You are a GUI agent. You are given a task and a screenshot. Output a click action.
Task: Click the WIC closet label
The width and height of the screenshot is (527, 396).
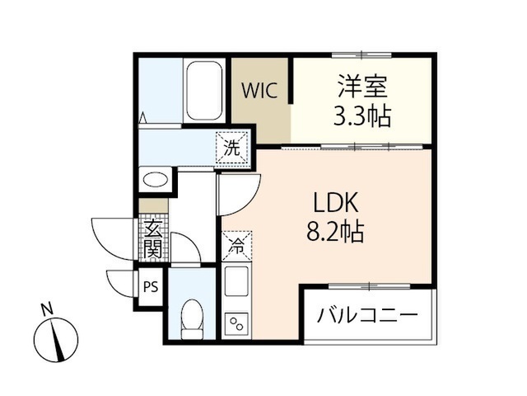(260, 90)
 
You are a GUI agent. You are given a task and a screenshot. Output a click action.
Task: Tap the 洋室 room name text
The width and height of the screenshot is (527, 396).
(362, 87)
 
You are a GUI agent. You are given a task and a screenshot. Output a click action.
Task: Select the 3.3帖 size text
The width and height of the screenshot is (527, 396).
(362, 115)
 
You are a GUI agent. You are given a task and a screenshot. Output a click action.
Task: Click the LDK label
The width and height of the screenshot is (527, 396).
(335, 203)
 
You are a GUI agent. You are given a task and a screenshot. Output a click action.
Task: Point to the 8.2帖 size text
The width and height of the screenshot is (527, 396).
(335, 231)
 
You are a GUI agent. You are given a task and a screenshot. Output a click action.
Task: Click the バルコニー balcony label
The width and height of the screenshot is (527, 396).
(367, 316)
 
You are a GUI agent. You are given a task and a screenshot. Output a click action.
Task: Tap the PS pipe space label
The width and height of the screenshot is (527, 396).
(151, 287)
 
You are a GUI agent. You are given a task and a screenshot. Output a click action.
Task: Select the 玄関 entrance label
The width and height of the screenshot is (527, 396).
(153, 238)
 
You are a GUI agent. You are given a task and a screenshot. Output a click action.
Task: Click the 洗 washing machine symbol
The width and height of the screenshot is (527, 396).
(232, 148)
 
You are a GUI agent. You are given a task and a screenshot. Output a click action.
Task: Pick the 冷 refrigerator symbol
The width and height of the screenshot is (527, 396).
(236, 246)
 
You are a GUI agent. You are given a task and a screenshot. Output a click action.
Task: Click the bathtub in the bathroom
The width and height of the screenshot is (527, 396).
(204, 90)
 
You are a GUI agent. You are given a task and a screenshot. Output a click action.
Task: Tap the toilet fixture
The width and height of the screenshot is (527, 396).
(192, 319)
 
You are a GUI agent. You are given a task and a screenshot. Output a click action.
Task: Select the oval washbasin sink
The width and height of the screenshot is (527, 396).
(156, 179)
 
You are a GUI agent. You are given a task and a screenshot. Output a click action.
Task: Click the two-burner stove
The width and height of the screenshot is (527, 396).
(236, 324)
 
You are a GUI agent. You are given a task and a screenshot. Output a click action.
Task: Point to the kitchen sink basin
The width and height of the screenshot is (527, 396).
(236, 281)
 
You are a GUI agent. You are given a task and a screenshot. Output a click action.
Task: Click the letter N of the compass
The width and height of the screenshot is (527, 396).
(46, 309)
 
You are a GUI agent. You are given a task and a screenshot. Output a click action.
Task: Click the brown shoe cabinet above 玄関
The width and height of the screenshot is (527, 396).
(153, 205)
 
